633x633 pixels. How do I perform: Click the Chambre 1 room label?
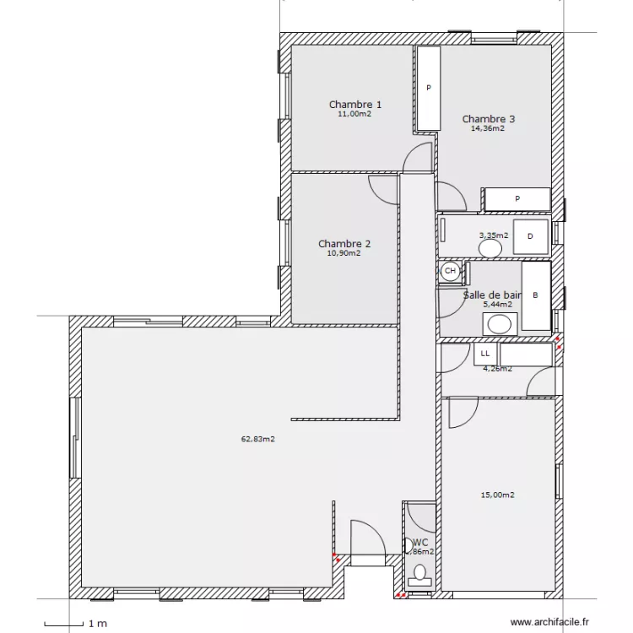click(x=354, y=105)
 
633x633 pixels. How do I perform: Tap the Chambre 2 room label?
click(x=344, y=244)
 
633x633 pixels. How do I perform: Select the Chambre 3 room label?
click(x=488, y=119)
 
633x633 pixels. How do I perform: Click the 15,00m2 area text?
click(x=497, y=495)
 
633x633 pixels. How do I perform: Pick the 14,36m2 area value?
click(x=488, y=129)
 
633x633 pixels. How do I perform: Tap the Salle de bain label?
click(x=492, y=295)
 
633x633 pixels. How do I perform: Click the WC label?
click(x=420, y=542)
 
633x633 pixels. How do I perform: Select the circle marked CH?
click(x=450, y=271)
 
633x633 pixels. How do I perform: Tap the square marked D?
click(x=530, y=237)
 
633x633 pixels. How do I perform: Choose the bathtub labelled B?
click(x=535, y=296)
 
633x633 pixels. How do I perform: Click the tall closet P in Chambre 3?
click(x=429, y=88)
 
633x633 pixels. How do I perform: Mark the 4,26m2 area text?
click(x=496, y=368)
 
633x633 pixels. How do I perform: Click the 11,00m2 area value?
click(x=354, y=114)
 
